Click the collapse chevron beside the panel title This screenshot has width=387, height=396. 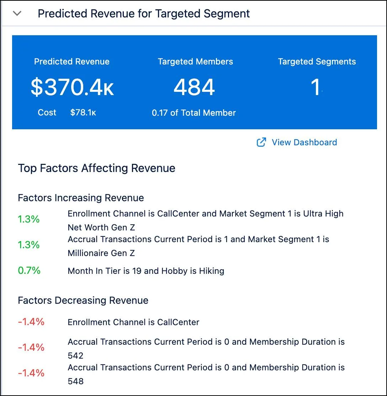pyautogui.click(x=17, y=14)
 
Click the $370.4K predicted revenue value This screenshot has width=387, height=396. pyautogui.click(x=72, y=87)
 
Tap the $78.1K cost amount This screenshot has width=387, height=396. pyautogui.click(x=83, y=113)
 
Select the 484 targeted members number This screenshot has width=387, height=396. pyautogui.click(x=194, y=87)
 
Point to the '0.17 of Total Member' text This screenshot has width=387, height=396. pyautogui.click(x=194, y=113)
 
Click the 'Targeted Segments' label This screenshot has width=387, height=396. pyautogui.click(x=317, y=62)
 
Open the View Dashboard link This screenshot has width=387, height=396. pyautogui.click(x=304, y=142)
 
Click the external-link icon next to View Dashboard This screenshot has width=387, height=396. pyautogui.click(x=261, y=142)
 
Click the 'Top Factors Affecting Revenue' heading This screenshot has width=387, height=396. pyautogui.click(x=96, y=168)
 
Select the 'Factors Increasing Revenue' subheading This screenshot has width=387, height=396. pyautogui.click(x=81, y=198)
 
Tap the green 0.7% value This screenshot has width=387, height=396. pyautogui.click(x=29, y=271)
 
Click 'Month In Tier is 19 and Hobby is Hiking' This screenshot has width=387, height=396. pyautogui.click(x=146, y=271)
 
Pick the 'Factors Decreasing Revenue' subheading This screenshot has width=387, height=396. pyautogui.click(x=83, y=301)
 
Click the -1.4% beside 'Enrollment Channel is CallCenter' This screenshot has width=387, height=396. pyautogui.click(x=31, y=322)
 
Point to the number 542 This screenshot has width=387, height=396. pyautogui.click(x=75, y=356)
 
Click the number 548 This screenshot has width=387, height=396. pyautogui.click(x=75, y=381)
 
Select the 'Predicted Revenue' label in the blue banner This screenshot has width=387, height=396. pyautogui.click(x=71, y=62)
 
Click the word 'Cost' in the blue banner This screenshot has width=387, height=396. pyautogui.click(x=47, y=113)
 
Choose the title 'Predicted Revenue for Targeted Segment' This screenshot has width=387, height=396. pyautogui.click(x=144, y=14)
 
